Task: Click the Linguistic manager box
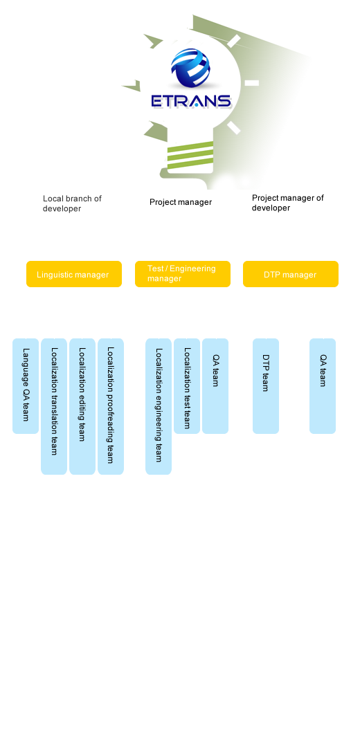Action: [x=74, y=274]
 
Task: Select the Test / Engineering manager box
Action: [x=182, y=274]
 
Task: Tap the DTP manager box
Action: [x=291, y=274]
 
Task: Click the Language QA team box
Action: [x=26, y=386]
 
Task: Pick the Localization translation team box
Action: [x=54, y=407]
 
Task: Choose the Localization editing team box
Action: [x=82, y=407]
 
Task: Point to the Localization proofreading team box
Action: [x=111, y=407]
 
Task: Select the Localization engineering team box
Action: [x=159, y=407]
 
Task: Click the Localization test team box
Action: [x=187, y=386]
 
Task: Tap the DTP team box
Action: [x=266, y=386]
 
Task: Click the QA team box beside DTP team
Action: [x=323, y=386]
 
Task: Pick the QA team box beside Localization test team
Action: [x=215, y=386]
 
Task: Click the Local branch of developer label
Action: [x=73, y=203]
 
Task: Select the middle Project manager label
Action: [x=181, y=202]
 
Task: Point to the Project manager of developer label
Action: [x=287, y=203]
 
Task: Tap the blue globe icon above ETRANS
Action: [x=190, y=69]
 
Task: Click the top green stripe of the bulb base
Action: [x=190, y=146]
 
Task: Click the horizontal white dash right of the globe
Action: [x=252, y=83]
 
